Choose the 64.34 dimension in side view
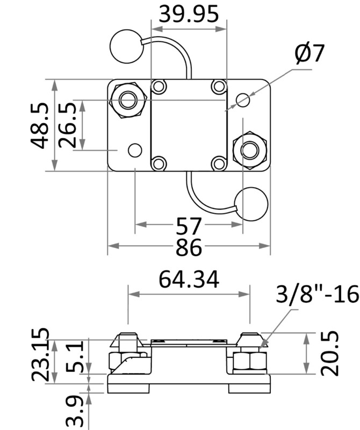pyautogui.click(x=189, y=279)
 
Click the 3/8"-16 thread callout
pyautogui.click(x=317, y=295)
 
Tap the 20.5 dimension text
pyautogui.click(x=331, y=353)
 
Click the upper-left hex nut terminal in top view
pyautogui.click(x=128, y=100)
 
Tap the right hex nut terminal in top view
pyautogui.click(x=249, y=150)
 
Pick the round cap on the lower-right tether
pyautogui.click(x=251, y=204)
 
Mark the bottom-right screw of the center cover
pyautogui.click(x=218, y=163)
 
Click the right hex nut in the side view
pyautogui.click(x=249, y=364)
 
